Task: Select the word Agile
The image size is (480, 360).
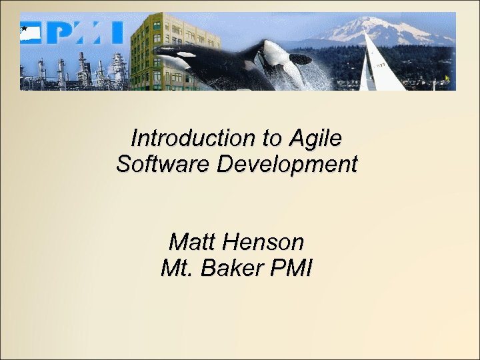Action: click(315, 139)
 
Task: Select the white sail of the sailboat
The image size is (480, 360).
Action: click(380, 67)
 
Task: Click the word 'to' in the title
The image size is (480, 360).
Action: click(272, 139)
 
